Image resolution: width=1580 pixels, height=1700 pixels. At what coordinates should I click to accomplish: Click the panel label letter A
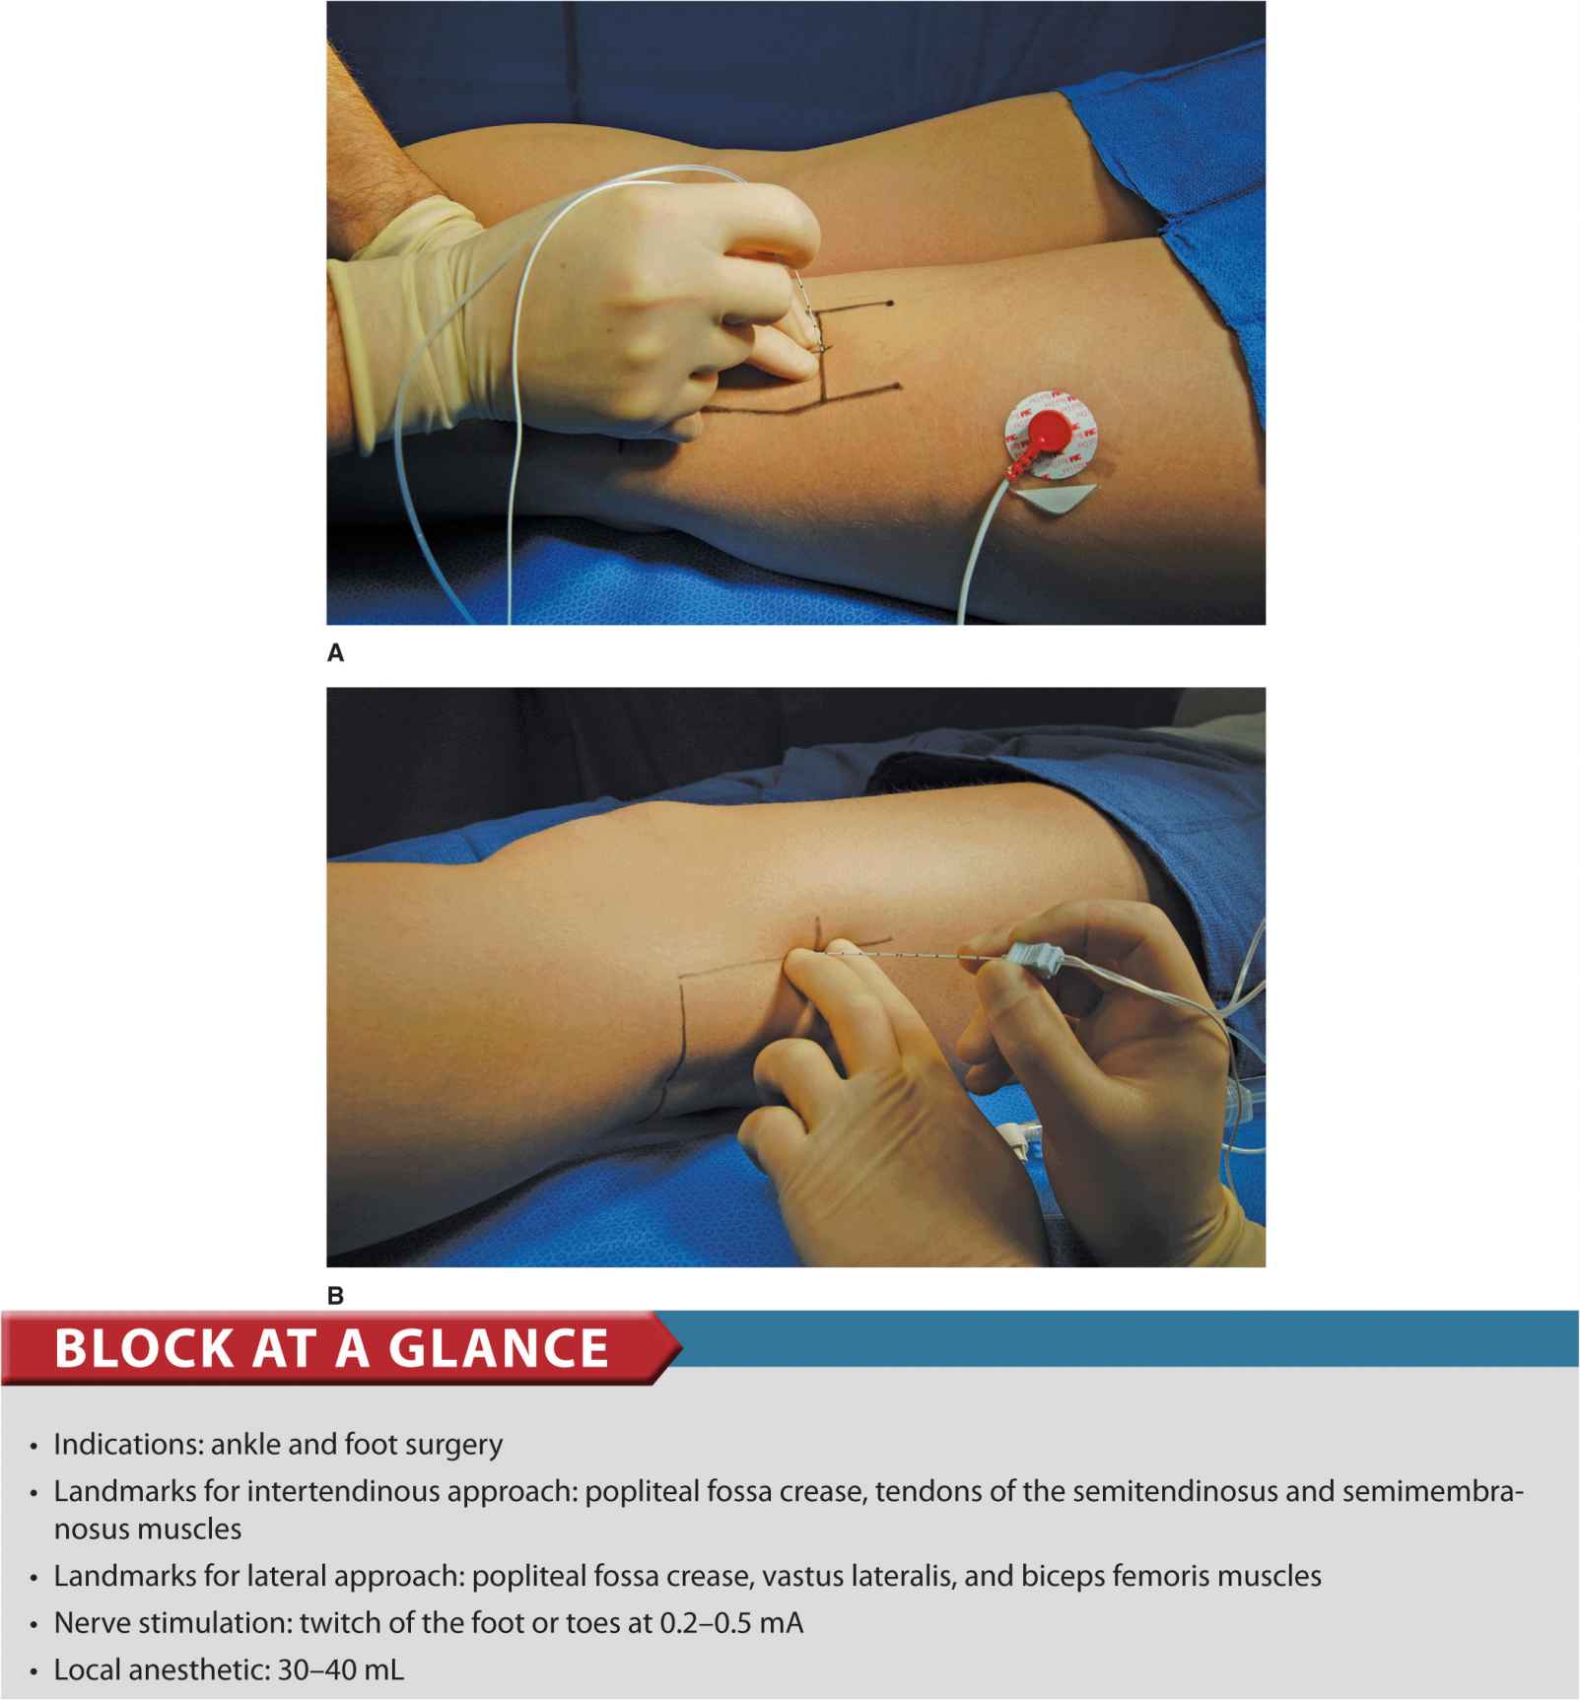[x=336, y=652]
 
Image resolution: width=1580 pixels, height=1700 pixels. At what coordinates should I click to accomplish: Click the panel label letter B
[x=336, y=1296]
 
